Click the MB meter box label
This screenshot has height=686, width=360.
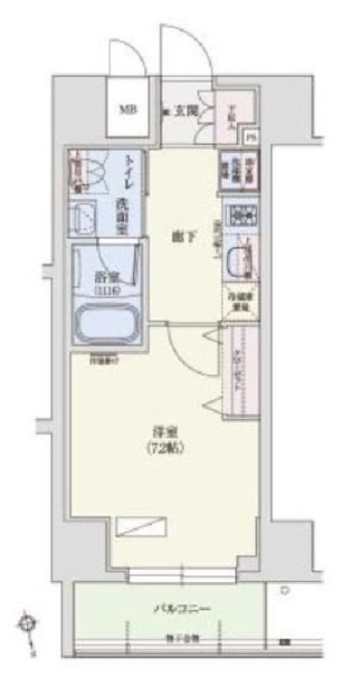coord(128,109)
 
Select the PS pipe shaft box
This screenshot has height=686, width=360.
coord(252,136)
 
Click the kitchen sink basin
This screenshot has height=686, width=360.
coord(239,260)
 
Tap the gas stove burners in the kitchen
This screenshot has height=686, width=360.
coord(238,213)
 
